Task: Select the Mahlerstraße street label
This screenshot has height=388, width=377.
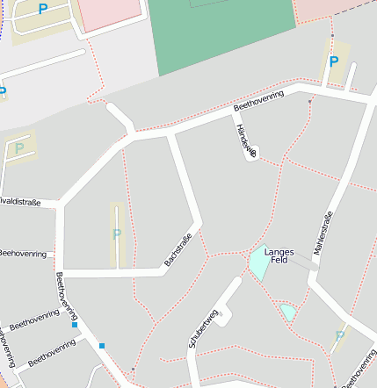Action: (x=323, y=231)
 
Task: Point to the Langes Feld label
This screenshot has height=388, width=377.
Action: (x=279, y=255)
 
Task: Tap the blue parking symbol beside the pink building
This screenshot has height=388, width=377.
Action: (x=42, y=9)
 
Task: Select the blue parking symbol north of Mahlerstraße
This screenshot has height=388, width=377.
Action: (x=333, y=61)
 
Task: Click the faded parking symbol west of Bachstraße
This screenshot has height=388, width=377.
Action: (x=117, y=234)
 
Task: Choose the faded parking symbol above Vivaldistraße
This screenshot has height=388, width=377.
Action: (x=19, y=148)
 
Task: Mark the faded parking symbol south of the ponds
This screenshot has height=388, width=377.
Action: (x=339, y=336)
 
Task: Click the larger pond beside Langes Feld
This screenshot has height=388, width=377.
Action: (x=258, y=263)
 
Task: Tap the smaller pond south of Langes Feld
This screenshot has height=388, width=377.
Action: (x=288, y=311)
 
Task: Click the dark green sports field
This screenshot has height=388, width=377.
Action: (x=223, y=35)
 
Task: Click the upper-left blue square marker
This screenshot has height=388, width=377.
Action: (x=75, y=325)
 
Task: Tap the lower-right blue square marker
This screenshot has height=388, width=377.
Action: (x=103, y=345)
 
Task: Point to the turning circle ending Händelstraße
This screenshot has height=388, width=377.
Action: (x=253, y=154)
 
